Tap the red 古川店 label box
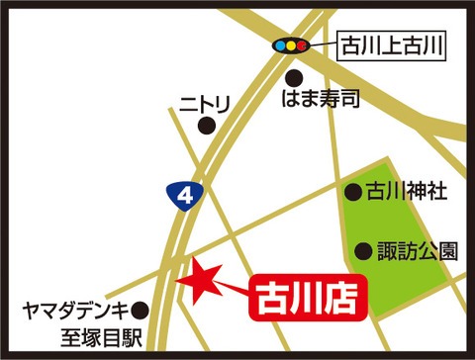coord(306,295)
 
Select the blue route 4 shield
coord(184,196)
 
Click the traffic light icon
coord(291,45)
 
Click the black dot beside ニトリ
coord(206,125)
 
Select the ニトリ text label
coord(205,101)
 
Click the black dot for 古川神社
coord(352,192)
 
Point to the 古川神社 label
coord(407,192)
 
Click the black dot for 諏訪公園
coord(364,250)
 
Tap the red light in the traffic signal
coord(302,45)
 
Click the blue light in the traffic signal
coord(280,45)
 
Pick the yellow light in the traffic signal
coord(291,45)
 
